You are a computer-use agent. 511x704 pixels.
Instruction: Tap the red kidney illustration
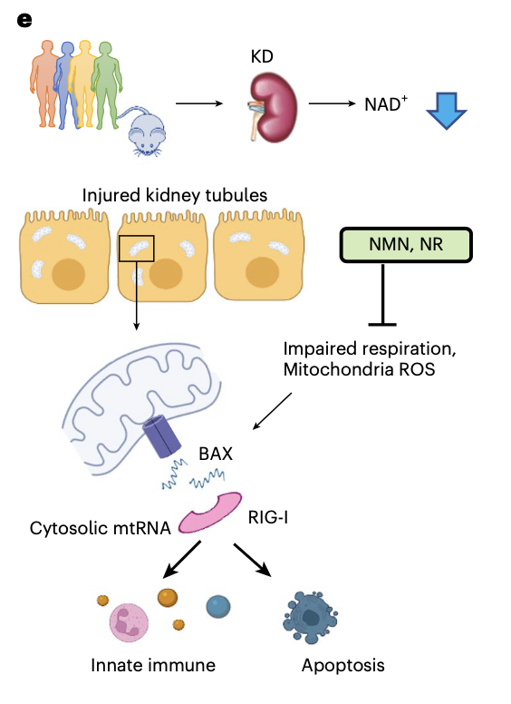click(x=275, y=108)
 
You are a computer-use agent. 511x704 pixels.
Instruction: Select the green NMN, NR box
click(x=406, y=245)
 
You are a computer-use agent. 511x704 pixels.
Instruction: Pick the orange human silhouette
click(x=44, y=83)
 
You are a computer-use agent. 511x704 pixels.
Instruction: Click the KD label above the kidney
click(x=262, y=56)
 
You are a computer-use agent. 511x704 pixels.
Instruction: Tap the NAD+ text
click(x=386, y=103)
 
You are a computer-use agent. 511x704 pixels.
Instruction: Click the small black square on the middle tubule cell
click(x=137, y=249)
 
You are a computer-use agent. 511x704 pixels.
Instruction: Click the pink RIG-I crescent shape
click(x=210, y=513)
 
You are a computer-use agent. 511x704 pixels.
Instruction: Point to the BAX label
click(x=216, y=454)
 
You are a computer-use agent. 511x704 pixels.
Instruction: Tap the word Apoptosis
click(x=342, y=665)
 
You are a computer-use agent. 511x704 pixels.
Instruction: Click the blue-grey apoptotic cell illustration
click(x=310, y=617)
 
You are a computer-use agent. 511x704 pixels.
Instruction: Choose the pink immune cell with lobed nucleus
click(x=129, y=621)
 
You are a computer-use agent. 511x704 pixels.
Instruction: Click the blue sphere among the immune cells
click(x=218, y=607)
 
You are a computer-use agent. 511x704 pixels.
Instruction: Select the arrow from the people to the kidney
click(x=199, y=103)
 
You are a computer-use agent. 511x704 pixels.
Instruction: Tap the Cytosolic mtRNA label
click(x=101, y=528)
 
